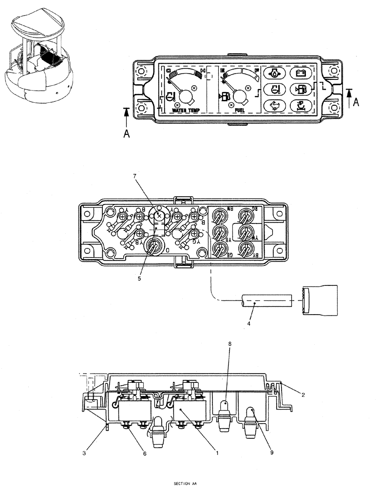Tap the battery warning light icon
coord(301,74)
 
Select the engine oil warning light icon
coord(273,74)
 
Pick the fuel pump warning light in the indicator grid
coord(301,89)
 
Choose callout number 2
coord(303,395)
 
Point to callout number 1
coord(217,452)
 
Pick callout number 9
coord(272,452)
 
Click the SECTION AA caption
coord(187,484)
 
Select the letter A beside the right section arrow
coord(358,102)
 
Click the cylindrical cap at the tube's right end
coord(320,299)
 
